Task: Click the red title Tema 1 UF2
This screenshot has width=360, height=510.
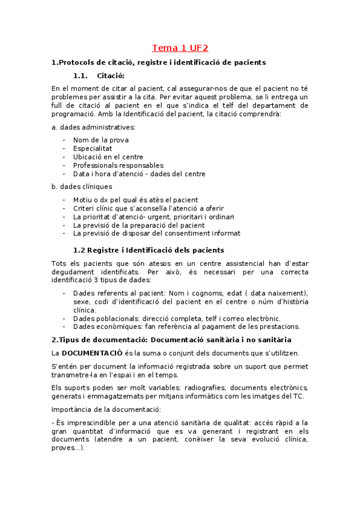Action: [x=180, y=48]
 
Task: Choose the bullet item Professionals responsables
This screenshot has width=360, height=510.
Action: [x=118, y=165]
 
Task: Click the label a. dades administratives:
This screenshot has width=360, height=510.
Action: [x=94, y=127]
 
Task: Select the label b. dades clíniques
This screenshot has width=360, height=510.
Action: [x=82, y=186]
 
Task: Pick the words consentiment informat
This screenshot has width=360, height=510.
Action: [x=205, y=233]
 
